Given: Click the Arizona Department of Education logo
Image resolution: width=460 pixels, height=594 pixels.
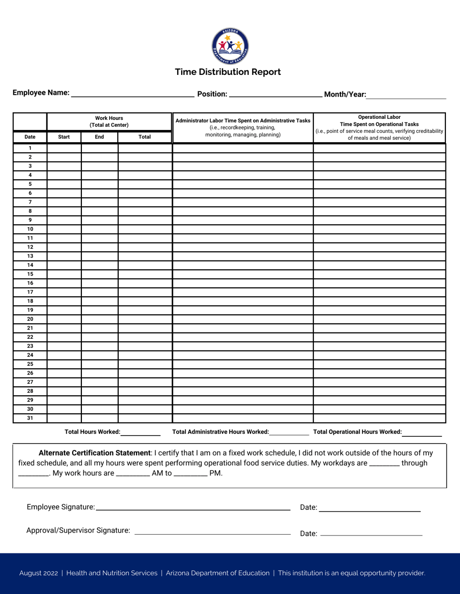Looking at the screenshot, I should (230, 46).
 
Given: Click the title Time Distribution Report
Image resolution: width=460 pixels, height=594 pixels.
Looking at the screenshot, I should (228, 72).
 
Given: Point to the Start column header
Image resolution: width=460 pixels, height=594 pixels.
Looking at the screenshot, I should (64, 137).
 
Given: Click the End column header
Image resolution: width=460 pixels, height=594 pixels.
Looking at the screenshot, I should (99, 137).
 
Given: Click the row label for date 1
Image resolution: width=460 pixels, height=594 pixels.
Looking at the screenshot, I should (30, 148).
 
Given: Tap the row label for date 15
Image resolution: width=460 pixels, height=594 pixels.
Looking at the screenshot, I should (30, 274).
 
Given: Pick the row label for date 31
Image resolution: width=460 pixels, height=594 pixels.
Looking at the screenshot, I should (30, 418).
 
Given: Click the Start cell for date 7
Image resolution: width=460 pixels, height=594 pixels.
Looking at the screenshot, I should (64, 202).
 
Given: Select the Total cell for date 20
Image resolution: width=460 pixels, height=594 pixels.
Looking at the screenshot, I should (145, 319).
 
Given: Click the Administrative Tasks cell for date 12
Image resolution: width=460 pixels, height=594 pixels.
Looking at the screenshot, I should (243, 247).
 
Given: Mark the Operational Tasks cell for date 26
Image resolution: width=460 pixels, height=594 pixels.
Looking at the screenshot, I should (379, 373).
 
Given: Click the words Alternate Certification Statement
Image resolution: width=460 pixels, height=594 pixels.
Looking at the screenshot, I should (94, 453).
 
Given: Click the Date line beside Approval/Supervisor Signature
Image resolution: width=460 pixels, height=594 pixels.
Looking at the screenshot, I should (371, 534).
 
